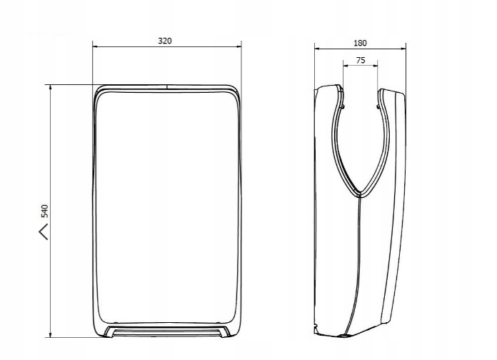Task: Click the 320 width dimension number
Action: pyautogui.click(x=165, y=41)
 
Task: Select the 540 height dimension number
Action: pyautogui.click(x=45, y=211)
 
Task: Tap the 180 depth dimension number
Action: pyautogui.click(x=360, y=43)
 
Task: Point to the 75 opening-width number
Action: pyautogui.click(x=361, y=60)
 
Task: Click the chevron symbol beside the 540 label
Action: pyautogui.click(x=44, y=231)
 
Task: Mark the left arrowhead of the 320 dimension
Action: pyautogui.click(x=95, y=47)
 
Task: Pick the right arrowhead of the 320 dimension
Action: pyautogui.click(x=239, y=47)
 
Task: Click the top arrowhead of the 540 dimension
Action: pyautogui.click(x=51, y=87)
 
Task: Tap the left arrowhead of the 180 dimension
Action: pyautogui.click(x=317, y=49)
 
